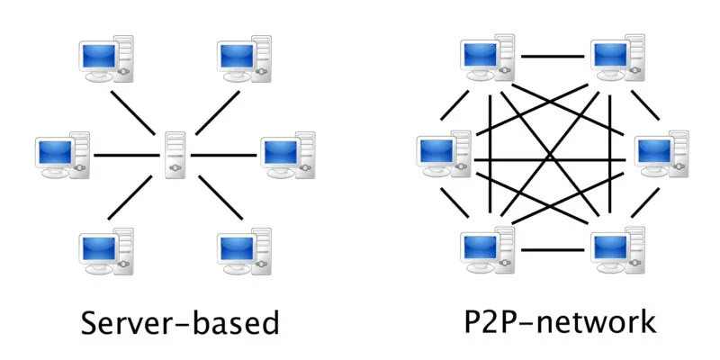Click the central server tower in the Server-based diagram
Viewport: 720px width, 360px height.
(175, 155)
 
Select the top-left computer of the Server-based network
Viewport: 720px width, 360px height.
(106, 58)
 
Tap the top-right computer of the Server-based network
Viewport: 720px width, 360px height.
(244, 58)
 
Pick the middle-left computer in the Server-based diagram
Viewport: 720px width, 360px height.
(62, 155)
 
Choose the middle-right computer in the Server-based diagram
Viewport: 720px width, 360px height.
(288, 155)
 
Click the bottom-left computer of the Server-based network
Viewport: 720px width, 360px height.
(106, 251)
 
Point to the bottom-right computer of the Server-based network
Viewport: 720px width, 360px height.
(244, 251)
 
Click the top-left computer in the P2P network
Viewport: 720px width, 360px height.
(488, 58)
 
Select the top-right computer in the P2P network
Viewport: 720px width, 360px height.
(617, 58)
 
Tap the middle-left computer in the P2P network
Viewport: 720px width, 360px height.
(444, 154)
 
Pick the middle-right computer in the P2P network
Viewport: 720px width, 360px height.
(661, 154)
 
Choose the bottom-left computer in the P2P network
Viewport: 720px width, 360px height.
(488, 250)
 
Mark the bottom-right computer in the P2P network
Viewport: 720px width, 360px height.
(617, 250)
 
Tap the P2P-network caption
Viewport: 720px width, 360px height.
(560, 321)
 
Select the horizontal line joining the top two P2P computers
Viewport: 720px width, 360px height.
(553, 57)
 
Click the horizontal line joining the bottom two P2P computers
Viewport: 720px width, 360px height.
(553, 250)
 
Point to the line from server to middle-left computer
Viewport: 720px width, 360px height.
(127, 155)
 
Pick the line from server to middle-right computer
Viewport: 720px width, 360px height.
(223, 155)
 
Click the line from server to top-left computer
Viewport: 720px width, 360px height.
(132, 112)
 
